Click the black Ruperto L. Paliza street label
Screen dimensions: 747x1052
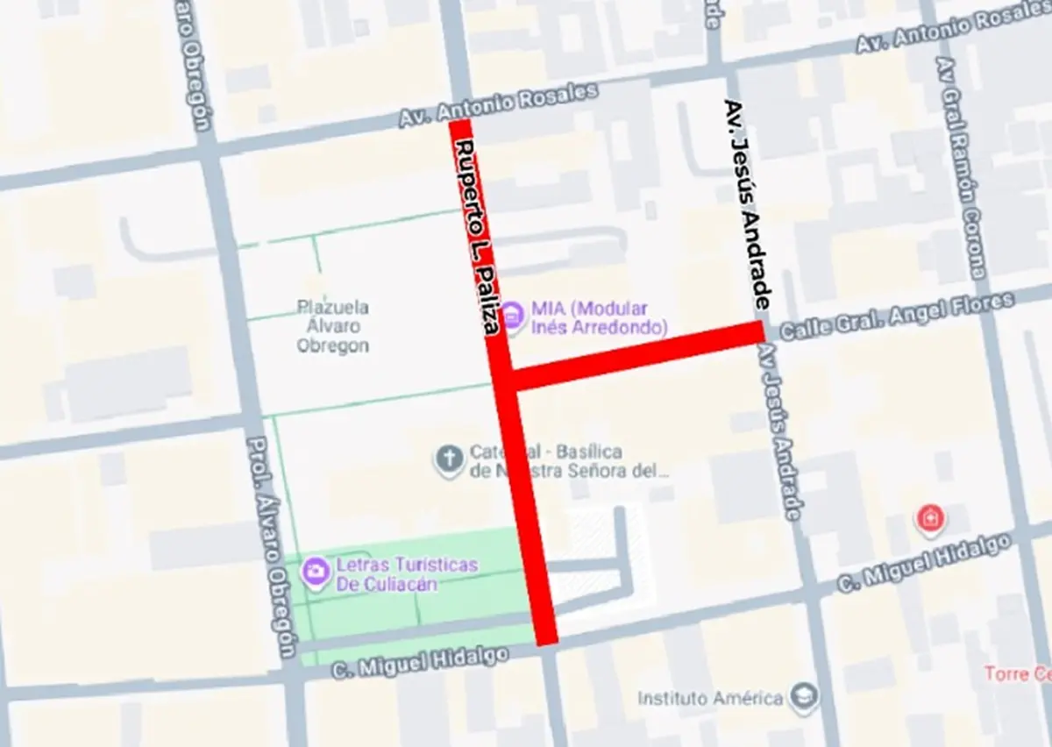click(478, 237)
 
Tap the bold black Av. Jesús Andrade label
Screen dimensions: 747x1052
click(748, 203)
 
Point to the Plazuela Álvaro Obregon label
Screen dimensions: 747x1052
click(332, 326)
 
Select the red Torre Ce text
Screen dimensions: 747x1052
click(1017, 674)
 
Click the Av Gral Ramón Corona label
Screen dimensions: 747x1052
click(962, 167)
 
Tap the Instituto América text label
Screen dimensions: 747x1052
click(710, 699)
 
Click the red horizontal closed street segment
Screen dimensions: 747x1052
click(636, 356)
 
